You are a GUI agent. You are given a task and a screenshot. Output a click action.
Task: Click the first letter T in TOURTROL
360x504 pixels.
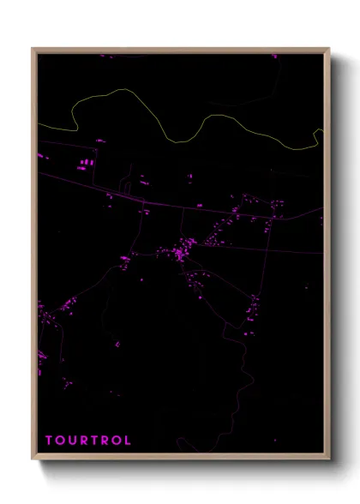pos(49,441)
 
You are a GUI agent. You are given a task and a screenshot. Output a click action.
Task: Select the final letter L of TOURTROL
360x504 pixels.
pos(128,441)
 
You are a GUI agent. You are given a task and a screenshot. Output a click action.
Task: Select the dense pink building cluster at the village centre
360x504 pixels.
pos(180,253)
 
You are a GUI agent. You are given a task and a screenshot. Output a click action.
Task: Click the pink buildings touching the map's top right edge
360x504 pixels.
pos(275,57)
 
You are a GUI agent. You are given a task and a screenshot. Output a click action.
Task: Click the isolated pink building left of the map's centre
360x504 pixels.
pos(117,345)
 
